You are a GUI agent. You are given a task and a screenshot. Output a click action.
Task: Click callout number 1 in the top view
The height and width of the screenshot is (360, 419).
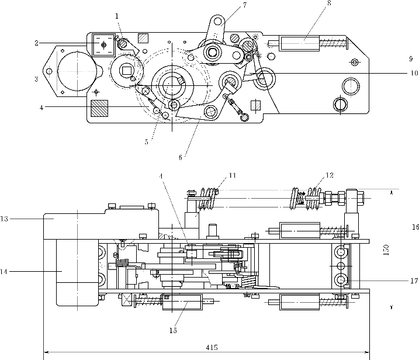(117, 16)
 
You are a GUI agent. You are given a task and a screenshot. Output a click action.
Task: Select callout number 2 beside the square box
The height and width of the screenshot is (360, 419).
(37, 43)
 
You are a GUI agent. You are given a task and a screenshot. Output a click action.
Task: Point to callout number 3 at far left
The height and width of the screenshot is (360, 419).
(36, 79)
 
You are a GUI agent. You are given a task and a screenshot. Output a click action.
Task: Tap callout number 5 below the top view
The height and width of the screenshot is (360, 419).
(147, 142)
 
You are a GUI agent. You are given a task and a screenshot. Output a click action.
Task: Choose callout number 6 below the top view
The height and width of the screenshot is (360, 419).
(181, 157)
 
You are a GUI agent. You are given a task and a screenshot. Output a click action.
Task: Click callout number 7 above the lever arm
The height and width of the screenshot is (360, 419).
(245, 5)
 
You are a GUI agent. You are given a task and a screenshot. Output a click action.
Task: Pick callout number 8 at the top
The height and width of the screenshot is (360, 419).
(329, 3)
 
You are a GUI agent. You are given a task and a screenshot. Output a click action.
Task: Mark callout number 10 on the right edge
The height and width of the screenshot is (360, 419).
(414, 72)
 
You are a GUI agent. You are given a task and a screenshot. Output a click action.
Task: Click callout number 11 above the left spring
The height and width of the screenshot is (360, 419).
(232, 175)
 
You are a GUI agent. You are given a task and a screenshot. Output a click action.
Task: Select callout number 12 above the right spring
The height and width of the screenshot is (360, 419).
(330, 175)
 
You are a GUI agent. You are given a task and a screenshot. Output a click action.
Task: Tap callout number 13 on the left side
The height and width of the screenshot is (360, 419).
(4, 219)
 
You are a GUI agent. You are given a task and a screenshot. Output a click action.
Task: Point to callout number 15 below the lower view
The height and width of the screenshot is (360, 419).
(173, 330)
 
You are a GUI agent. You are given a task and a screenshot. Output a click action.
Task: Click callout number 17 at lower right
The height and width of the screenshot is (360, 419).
(414, 281)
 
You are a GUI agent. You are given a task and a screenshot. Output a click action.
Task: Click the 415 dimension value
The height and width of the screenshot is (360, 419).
(212, 348)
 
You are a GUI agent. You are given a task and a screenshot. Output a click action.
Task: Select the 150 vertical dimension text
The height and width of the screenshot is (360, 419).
(386, 250)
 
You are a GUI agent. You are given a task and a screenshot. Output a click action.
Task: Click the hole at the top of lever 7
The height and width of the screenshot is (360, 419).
(218, 21)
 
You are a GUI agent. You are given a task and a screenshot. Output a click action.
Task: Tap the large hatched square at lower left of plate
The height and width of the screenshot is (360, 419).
(99, 108)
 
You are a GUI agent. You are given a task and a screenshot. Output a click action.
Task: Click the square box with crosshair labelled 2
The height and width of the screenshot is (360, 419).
(103, 45)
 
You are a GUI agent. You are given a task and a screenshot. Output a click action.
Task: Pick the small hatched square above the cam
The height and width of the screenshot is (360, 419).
(143, 38)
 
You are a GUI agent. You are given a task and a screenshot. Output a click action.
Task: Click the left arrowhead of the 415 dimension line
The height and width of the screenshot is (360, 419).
(46, 352)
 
